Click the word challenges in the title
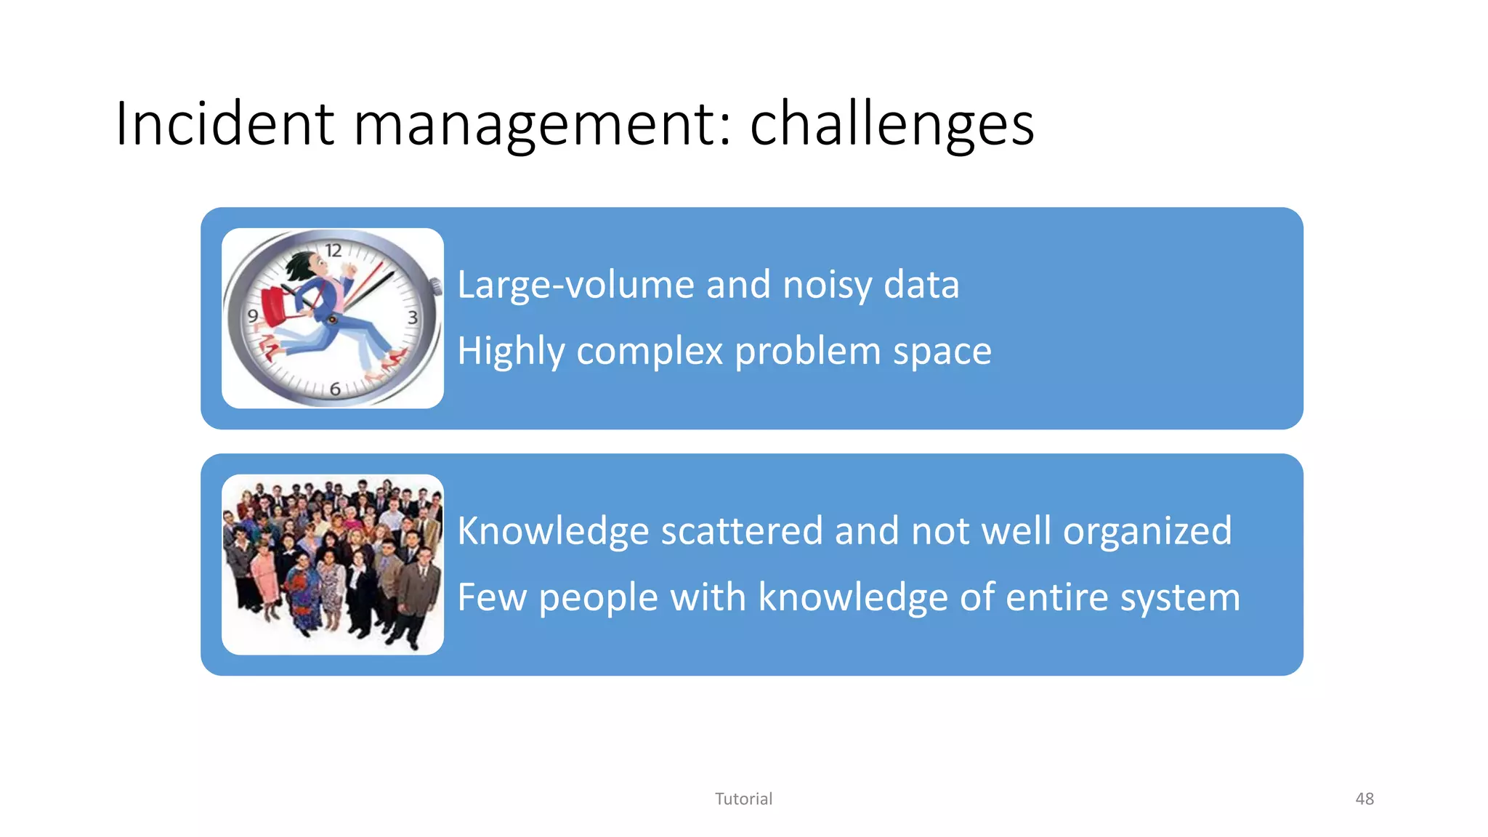coord(891,125)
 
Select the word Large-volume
coord(574,284)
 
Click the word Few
coord(491,597)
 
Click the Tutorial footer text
coord(743,798)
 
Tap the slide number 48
coord(1364,798)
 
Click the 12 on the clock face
coord(333,251)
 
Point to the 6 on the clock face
coord(335,389)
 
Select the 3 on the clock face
coord(413,318)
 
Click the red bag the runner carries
coord(275,306)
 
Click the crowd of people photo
coord(333,565)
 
